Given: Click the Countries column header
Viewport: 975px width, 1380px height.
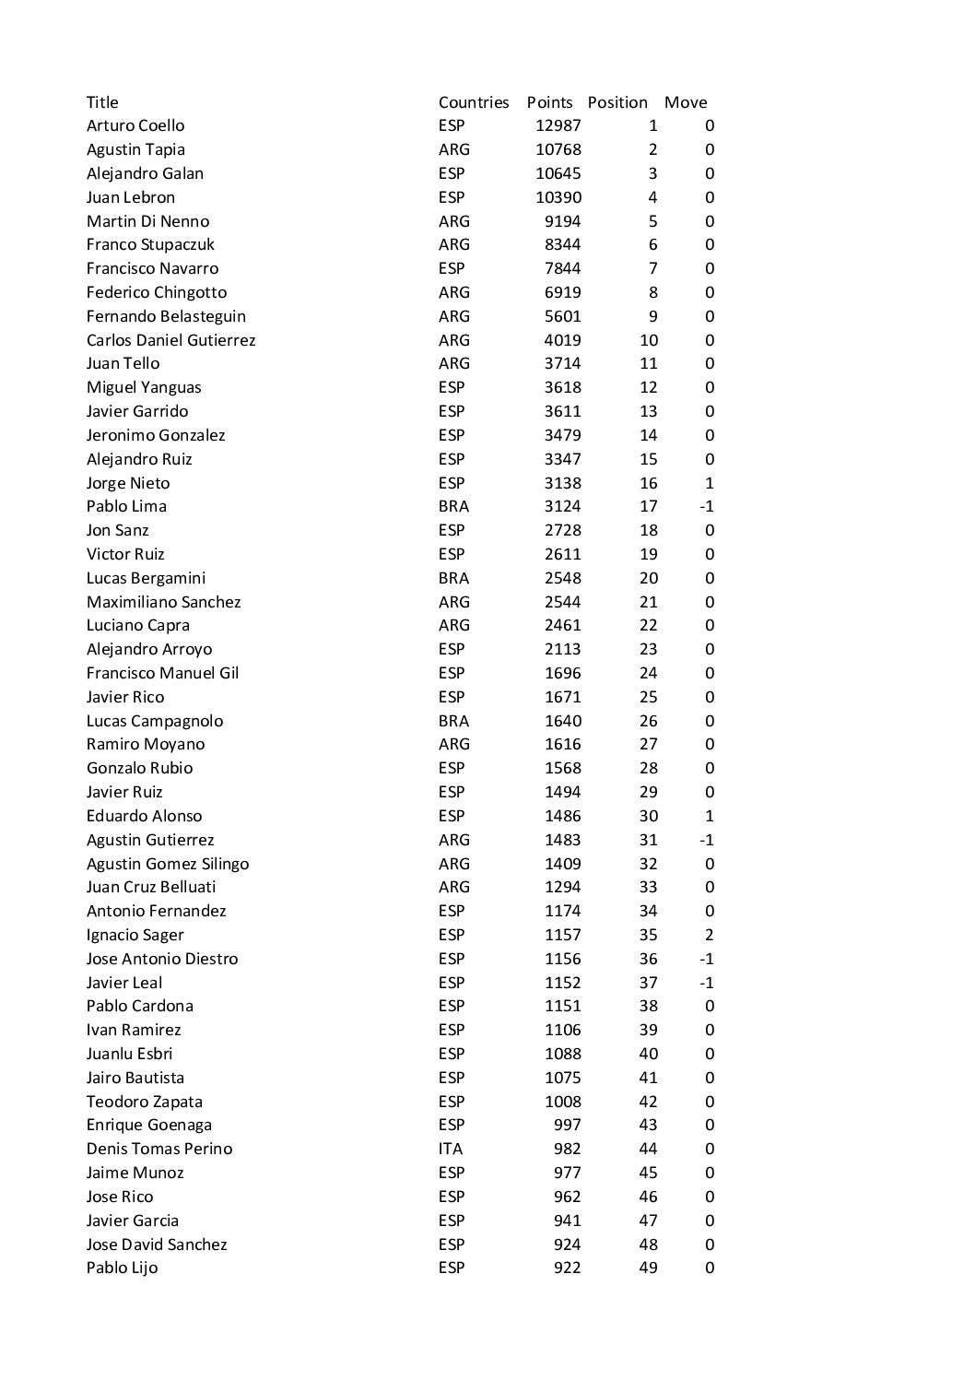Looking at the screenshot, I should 474,102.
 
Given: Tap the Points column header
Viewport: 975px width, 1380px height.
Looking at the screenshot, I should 549,102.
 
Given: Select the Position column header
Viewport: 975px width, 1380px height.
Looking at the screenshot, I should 617,102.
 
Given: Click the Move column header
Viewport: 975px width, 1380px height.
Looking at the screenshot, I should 686,102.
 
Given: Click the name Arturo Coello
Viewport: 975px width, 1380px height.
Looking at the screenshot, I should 135,125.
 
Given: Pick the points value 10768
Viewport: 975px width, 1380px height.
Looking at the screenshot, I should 558,149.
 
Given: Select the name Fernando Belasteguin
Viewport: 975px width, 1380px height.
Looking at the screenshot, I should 166,316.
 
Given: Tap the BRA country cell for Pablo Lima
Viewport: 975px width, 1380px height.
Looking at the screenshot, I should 453,506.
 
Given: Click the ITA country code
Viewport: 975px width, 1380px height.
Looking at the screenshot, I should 451,1149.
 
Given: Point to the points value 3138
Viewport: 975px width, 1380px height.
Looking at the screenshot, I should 562,483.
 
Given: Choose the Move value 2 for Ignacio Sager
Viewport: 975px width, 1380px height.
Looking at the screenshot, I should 709,935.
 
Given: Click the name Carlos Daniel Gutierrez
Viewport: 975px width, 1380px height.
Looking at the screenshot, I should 170,340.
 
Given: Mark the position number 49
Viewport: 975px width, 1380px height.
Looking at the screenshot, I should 648,1268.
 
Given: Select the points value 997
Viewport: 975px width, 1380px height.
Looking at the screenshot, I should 568,1125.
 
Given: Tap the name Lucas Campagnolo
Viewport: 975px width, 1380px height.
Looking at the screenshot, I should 155,721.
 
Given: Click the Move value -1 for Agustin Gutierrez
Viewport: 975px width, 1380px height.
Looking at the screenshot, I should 706,840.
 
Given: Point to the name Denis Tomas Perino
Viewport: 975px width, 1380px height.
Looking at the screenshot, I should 159,1149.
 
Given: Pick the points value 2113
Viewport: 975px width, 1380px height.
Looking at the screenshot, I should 562,649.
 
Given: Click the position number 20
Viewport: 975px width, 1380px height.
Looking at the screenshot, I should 648,578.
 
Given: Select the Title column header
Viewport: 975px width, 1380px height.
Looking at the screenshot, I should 102,102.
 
